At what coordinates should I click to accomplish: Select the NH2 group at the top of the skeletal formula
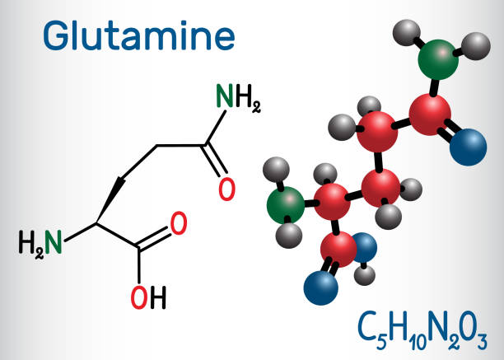[238, 99]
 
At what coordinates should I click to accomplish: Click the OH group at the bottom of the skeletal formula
[147, 297]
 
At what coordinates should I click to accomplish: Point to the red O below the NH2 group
[226, 189]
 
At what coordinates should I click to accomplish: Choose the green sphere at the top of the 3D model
[438, 59]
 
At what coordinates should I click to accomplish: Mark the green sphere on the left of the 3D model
[286, 204]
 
